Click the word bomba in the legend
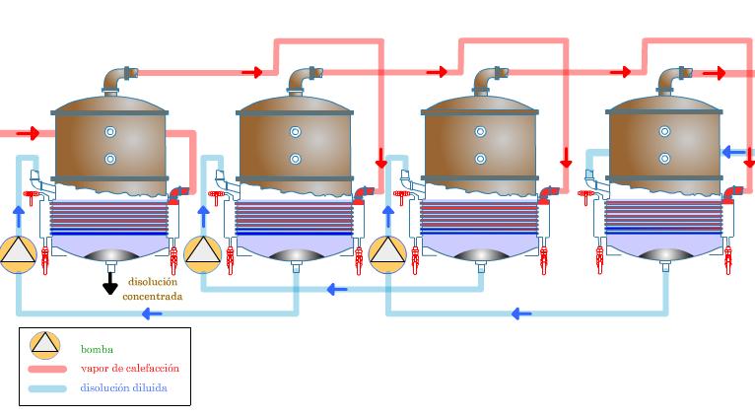coord(97,349)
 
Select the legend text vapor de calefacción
coord(129,369)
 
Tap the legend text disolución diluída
coord(123,388)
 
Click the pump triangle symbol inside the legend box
coord(45,344)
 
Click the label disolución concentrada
coord(152,289)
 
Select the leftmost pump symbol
coord(18,253)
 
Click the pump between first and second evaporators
coord(203,253)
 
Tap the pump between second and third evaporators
coord(387,253)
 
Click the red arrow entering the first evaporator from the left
coord(29,133)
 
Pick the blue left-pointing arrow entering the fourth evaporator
coord(732,152)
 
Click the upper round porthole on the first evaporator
coord(110,132)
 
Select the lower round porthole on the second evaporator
coord(295,159)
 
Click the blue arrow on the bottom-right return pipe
coord(521,313)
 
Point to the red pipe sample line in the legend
coord(47,369)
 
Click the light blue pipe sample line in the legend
coord(47,388)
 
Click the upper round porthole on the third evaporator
coord(480,132)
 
